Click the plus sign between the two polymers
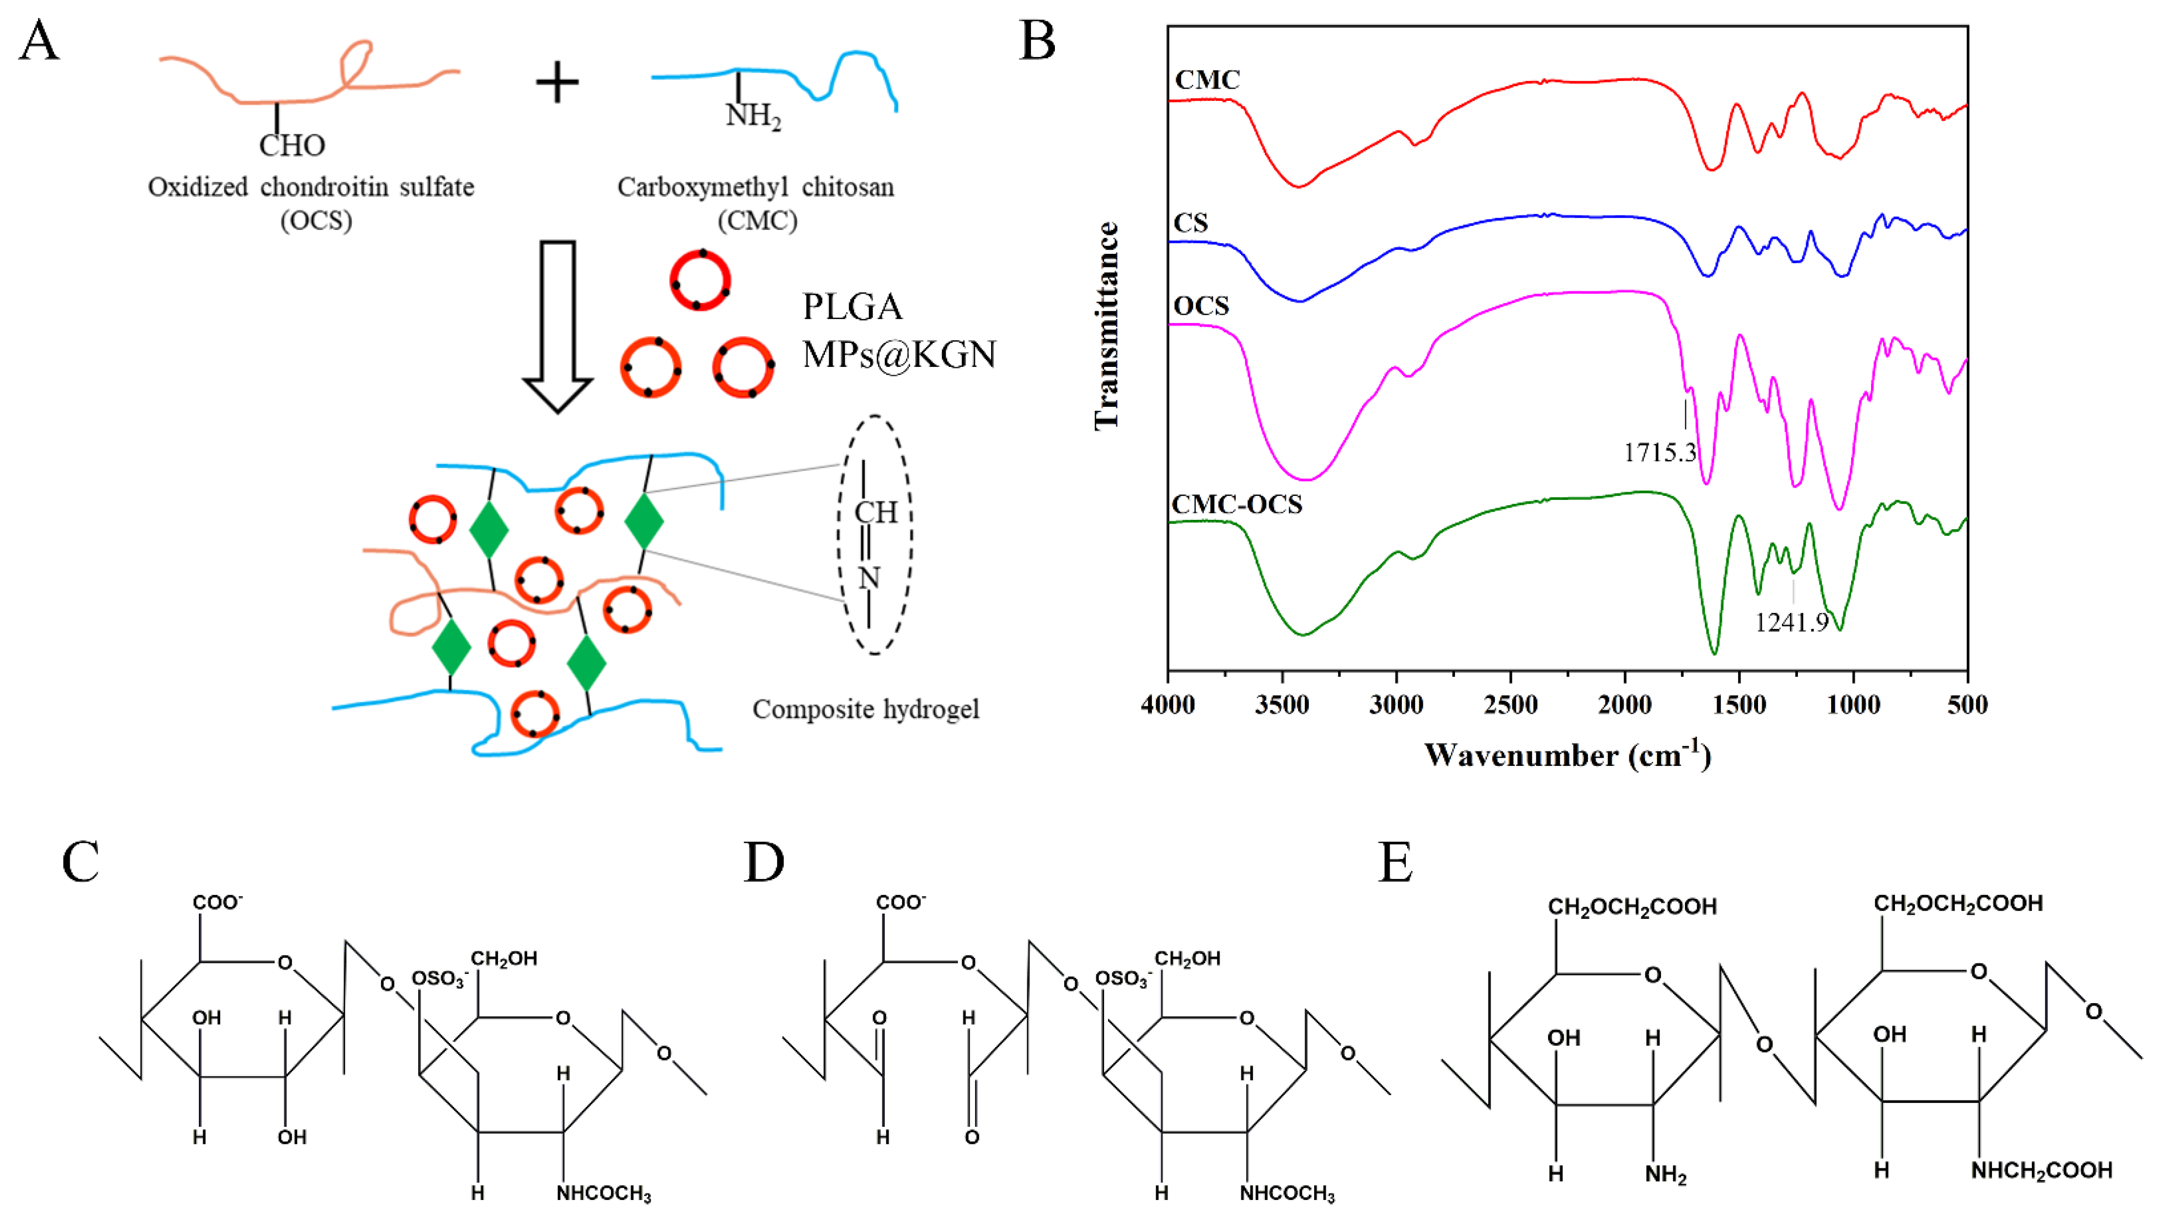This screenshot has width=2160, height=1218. coord(557,83)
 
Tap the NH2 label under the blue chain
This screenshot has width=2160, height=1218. coord(753,115)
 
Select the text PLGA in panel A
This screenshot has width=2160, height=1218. coord(852,307)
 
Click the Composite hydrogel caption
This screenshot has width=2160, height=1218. coord(865,709)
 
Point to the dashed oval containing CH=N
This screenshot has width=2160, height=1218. coord(875,535)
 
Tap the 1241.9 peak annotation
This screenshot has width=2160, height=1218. coord(1792,622)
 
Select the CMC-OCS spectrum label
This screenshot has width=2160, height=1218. coord(1237,505)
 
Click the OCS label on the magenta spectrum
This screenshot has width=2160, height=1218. coord(1201,306)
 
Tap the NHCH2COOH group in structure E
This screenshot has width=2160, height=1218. coord(2041,1170)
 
